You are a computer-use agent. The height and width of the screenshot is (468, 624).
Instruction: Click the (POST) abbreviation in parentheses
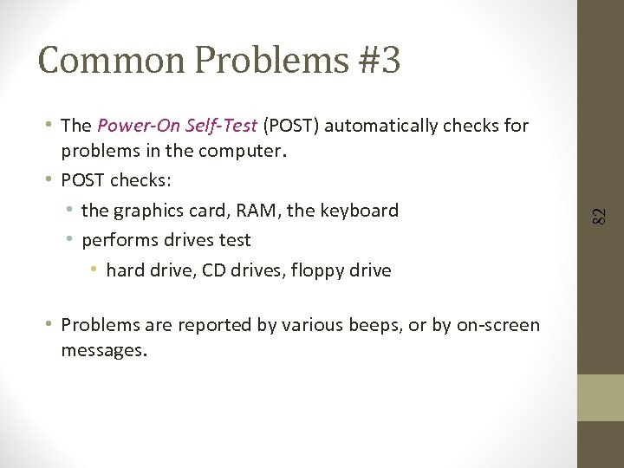(290, 126)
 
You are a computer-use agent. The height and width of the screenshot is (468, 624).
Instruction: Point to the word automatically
(380, 126)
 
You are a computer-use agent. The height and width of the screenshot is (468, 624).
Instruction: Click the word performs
(118, 240)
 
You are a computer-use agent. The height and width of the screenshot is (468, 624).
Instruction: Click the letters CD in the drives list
(212, 270)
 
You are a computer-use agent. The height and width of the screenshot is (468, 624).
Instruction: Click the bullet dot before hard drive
(94, 270)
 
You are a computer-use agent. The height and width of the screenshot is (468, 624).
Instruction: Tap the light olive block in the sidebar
(601, 398)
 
